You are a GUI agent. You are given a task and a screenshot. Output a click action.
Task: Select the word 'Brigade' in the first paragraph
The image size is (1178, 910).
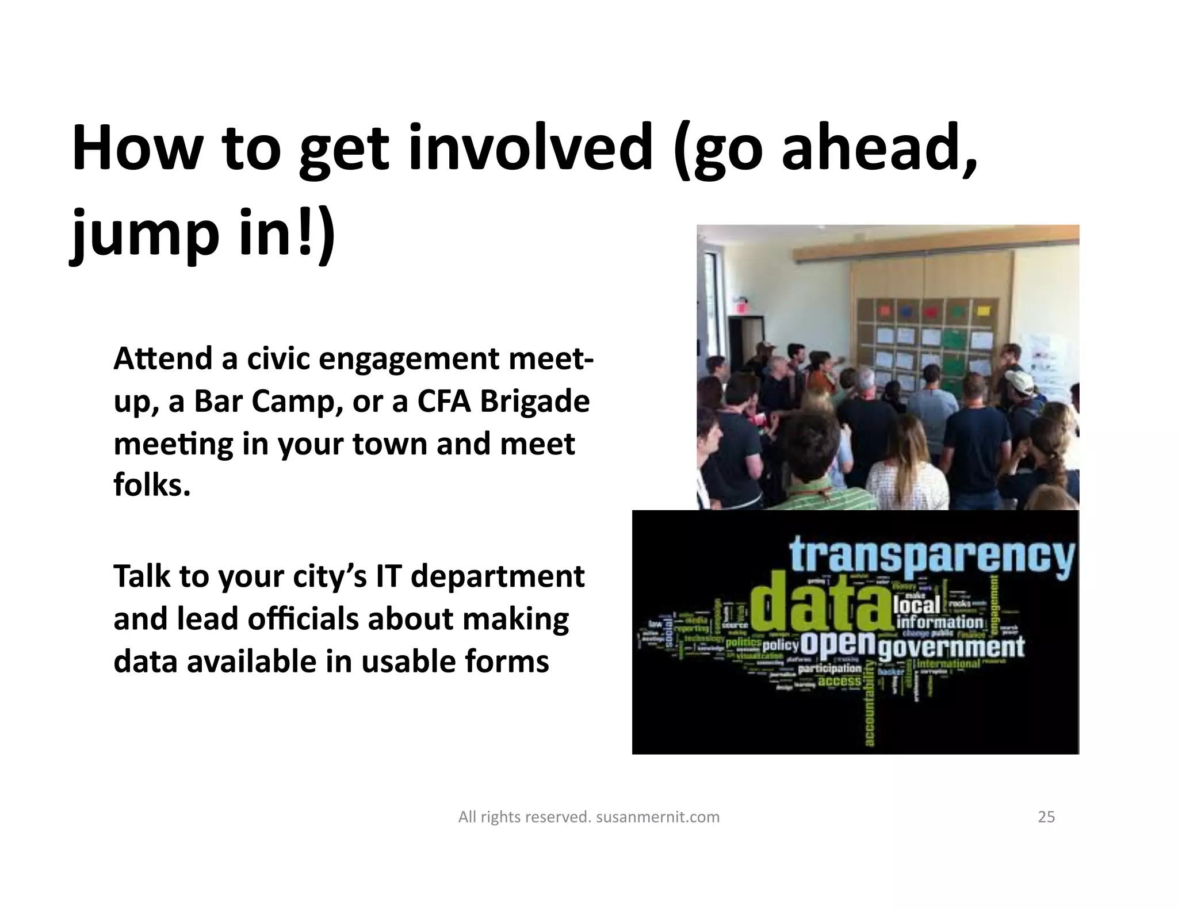pyautogui.click(x=535, y=401)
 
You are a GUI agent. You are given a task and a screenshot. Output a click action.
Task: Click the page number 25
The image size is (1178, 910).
pyautogui.click(x=1046, y=817)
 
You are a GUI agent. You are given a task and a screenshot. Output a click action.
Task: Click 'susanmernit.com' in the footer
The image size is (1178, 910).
pyautogui.click(x=657, y=817)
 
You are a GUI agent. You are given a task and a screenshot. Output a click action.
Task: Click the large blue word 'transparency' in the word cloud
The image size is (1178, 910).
pyautogui.click(x=931, y=555)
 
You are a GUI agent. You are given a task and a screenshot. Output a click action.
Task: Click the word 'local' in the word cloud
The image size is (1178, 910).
pyautogui.click(x=917, y=605)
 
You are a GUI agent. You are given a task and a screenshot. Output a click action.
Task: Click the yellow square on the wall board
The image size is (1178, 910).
pyautogui.click(x=984, y=311)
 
